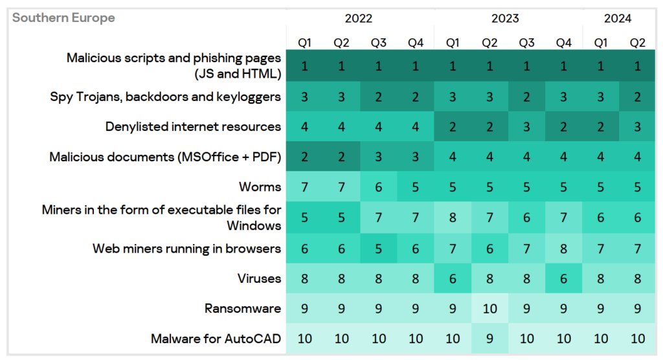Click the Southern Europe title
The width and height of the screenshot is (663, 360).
tap(63, 18)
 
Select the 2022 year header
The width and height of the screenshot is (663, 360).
tap(359, 18)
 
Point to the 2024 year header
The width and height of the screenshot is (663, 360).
tap(618, 18)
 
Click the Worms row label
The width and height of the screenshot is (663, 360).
tap(260, 187)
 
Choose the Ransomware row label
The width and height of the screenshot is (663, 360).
tap(243, 308)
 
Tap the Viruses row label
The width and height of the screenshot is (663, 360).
tap(259, 278)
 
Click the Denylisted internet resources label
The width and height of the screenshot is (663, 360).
tap(193, 126)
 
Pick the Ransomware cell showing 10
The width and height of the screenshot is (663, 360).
tap(489, 308)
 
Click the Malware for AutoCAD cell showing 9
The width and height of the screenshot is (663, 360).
tap(489, 339)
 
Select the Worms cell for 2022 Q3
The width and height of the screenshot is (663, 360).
tap(378, 187)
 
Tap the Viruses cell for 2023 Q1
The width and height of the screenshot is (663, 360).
tap(453, 278)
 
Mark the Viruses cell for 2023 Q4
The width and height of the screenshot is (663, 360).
tap(564, 278)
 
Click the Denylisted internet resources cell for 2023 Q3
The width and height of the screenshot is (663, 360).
tap(526, 126)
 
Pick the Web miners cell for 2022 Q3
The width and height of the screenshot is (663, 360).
tap(378, 248)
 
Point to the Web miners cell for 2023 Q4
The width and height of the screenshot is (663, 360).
tap(564, 248)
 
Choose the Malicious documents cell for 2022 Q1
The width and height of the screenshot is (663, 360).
tap(304, 157)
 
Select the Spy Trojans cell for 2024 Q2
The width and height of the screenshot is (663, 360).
tap(638, 96)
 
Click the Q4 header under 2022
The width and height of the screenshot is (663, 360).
tap(416, 43)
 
